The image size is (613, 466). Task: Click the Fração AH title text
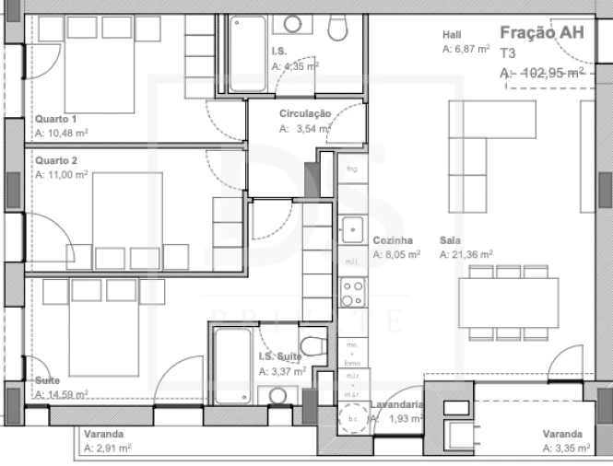[541, 33]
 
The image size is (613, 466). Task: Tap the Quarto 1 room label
[55, 119]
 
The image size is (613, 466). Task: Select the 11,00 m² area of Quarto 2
[62, 174]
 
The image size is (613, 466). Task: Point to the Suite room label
[48, 380]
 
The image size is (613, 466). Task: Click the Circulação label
[305, 114]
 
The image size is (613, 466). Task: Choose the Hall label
[452, 36]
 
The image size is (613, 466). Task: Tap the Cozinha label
[391, 241]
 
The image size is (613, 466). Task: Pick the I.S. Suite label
[280, 357]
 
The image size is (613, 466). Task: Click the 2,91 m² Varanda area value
[107, 448]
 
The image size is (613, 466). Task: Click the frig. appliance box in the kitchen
[351, 170]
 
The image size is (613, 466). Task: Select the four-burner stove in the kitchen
[352, 293]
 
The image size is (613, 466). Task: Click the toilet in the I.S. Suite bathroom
[312, 347]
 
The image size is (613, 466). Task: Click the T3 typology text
[509, 53]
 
